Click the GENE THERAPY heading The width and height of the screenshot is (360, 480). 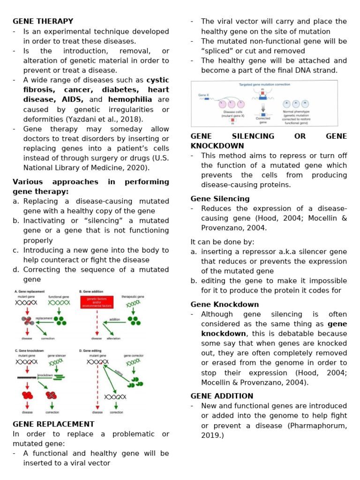tap(43, 21)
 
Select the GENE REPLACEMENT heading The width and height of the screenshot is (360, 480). tap(53, 424)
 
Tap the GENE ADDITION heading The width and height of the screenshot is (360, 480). tap(222, 396)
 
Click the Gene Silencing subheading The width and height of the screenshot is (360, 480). tap(220, 198)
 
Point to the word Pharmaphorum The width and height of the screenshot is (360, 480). tap(322, 425)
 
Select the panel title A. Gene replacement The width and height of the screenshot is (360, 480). tap(31, 291)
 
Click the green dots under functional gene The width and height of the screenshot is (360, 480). tap(60, 321)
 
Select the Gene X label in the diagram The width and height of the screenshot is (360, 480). tap(203, 95)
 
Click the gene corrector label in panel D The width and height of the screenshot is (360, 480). tap(134, 356)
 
